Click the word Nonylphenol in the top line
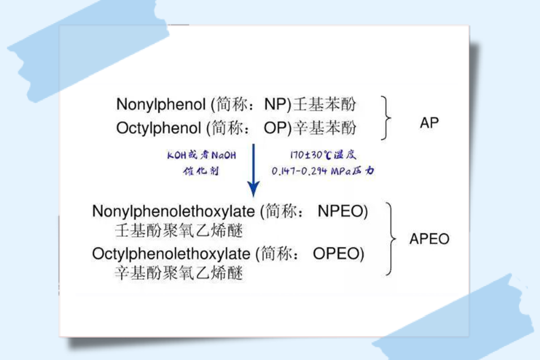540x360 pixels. [161, 104]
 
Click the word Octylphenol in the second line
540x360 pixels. [158, 128]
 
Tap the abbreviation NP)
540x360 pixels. [277, 104]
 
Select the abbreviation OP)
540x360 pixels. [277, 128]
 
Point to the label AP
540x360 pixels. [429, 122]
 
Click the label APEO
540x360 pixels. [429, 238]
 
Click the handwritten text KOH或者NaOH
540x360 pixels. [201, 155]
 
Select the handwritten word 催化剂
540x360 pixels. [201, 170]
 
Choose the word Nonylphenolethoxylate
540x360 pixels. [173, 211]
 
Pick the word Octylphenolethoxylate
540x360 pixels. [171, 254]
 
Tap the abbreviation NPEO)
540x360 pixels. [342, 211]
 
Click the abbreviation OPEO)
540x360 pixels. [338, 254]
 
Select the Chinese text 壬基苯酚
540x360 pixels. [324, 104]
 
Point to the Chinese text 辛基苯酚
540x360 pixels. [324, 128]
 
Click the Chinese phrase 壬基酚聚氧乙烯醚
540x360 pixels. [179, 230]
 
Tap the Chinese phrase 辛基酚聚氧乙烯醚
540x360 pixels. [179, 273]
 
